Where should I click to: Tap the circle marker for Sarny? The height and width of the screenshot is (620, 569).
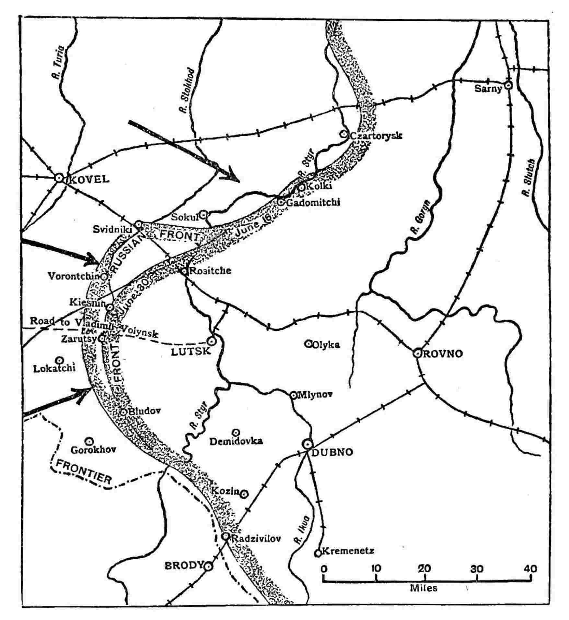coord(509,86)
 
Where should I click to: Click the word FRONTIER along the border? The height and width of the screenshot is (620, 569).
coord(84,474)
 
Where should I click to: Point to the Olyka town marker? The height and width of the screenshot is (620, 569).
coord(309,344)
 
